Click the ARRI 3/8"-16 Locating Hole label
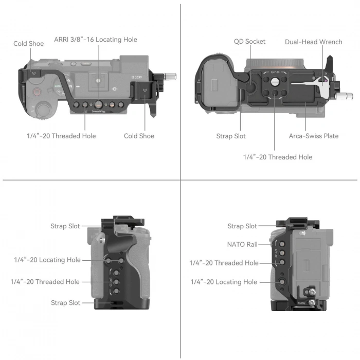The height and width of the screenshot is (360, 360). coord(96,40)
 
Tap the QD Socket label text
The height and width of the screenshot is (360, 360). coord(249,42)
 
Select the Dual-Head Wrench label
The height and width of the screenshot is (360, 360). coord(313,42)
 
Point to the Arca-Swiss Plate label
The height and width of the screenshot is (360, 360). coord(313,136)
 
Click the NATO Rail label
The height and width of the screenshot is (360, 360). coord(242,244)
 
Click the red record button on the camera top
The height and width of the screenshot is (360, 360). coord(37,93)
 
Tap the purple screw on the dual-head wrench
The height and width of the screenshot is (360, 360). coord(324,80)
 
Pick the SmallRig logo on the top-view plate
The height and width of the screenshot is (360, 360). coord(97,111)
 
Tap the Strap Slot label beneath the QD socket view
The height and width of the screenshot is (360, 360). coord(231,136)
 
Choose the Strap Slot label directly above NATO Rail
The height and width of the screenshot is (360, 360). coord(242,226)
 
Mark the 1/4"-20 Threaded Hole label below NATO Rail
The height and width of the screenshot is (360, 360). coord(224,263)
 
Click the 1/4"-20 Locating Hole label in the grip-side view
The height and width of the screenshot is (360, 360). coord(47,260)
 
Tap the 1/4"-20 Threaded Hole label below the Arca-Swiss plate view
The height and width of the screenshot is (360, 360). coord(277,157)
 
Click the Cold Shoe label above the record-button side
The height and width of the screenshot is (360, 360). coord(29,44)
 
